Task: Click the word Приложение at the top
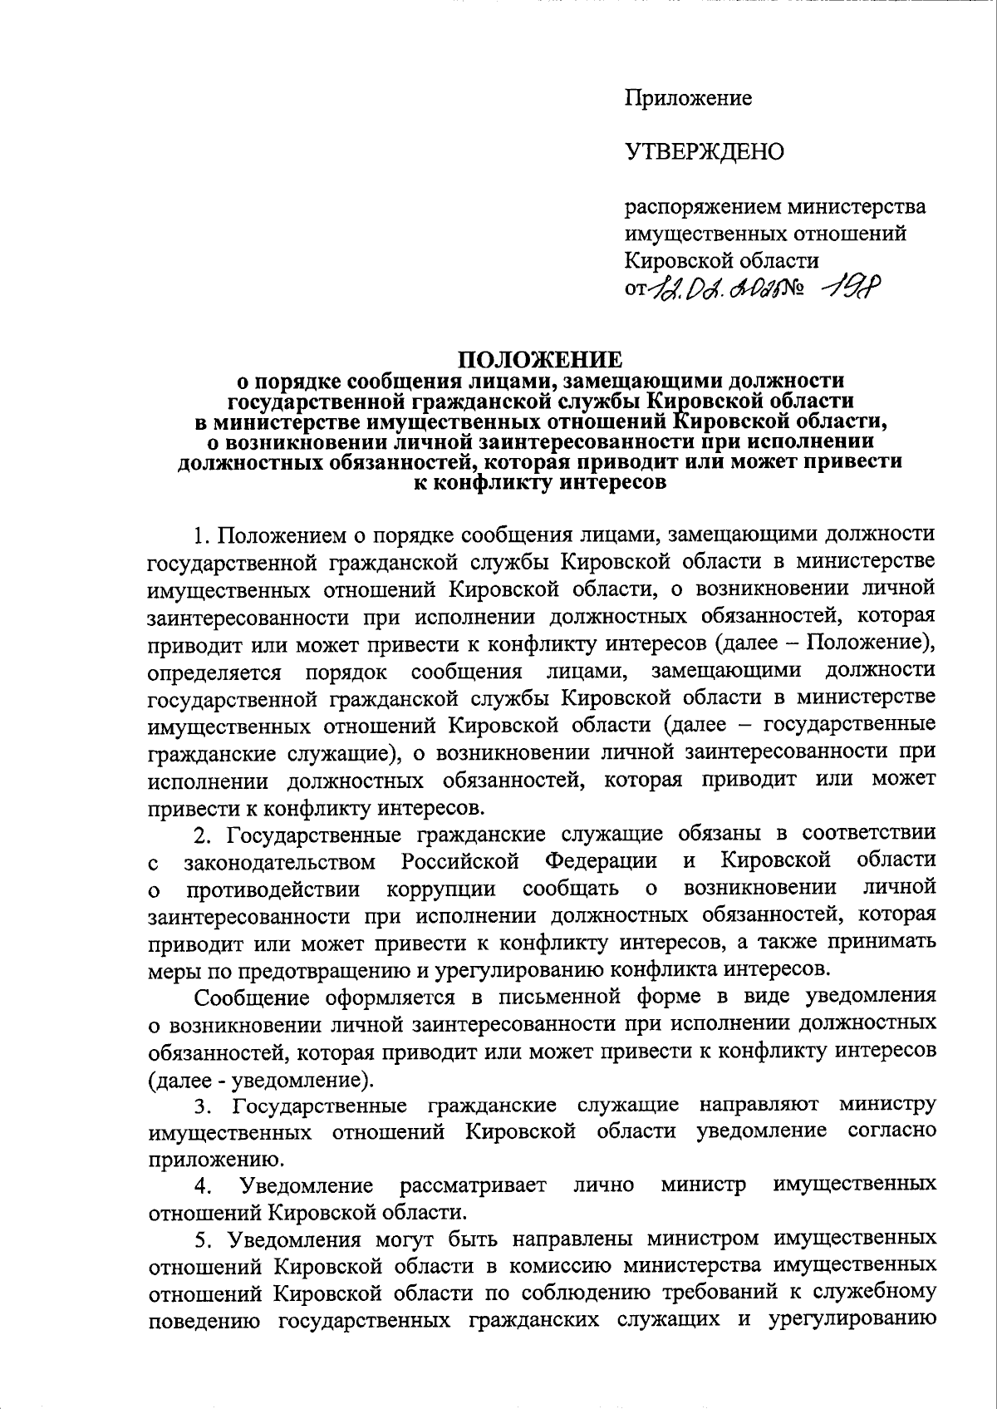point(689,98)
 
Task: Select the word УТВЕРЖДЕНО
point(705,152)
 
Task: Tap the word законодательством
point(279,860)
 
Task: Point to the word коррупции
point(441,888)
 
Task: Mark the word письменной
point(499,997)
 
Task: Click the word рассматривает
point(473,1185)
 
